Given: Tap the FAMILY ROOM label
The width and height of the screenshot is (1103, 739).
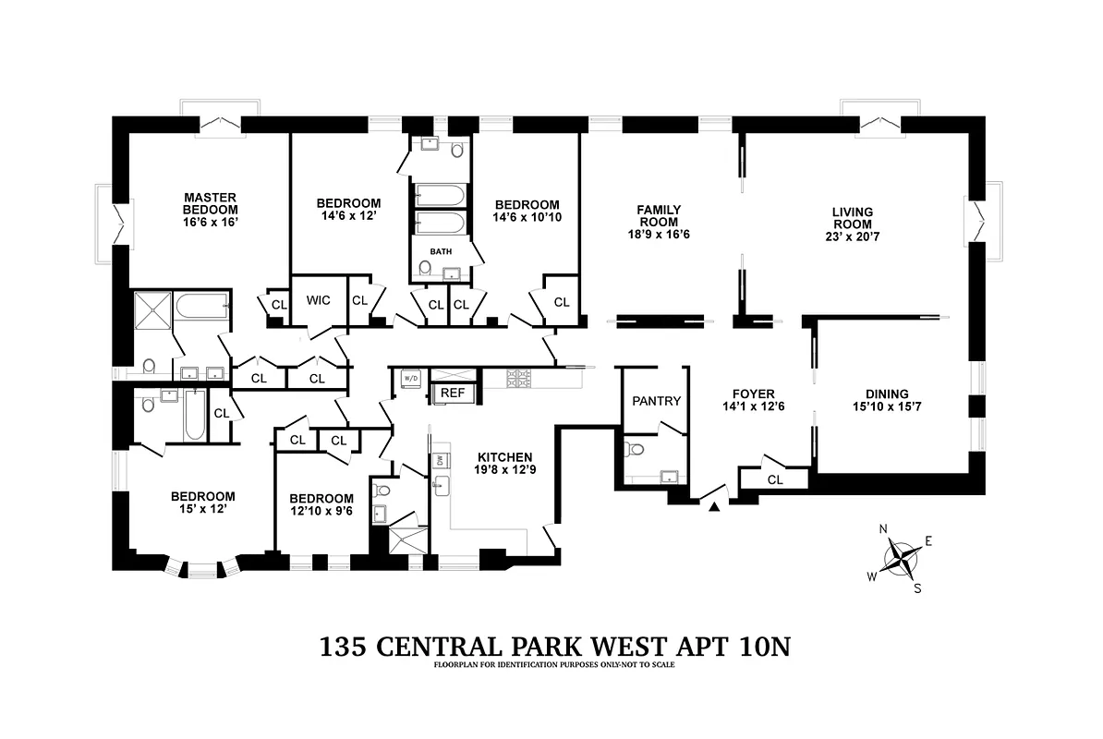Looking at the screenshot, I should [x=658, y=216].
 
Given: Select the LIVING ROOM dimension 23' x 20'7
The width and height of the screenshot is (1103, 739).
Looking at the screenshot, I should [x=853, y=236].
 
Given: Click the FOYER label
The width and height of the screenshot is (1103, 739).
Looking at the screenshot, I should [x=748, y=394].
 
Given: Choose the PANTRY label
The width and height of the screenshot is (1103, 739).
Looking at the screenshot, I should [x=656, y=401].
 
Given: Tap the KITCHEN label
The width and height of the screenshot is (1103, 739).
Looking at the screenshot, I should [x=504, y=457].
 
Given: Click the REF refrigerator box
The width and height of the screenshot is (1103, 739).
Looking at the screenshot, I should [x=453, y=393].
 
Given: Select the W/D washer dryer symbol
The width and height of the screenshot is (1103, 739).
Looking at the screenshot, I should [x=410, y=378].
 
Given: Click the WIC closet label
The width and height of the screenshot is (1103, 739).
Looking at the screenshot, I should [x=319, y=300].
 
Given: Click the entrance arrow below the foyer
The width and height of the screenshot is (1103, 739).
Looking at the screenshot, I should [x=713, y=506].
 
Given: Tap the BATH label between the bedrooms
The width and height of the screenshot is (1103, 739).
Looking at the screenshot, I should [x=440, y=250].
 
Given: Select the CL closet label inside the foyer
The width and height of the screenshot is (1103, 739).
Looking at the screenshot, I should [x=775, y=479].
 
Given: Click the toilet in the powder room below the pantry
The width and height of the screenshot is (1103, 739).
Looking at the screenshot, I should [x=634, y=450].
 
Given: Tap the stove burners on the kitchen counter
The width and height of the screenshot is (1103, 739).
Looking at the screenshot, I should [x=518, y=377].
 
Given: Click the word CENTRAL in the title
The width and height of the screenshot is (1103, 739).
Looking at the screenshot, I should [x=467, y=646].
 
